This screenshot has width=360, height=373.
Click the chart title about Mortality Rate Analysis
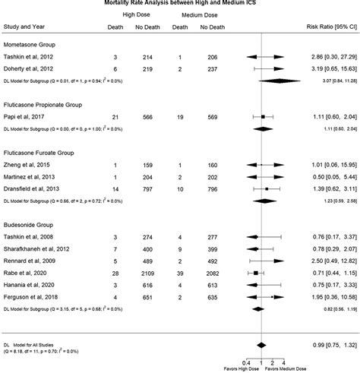(x=181, y=3)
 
